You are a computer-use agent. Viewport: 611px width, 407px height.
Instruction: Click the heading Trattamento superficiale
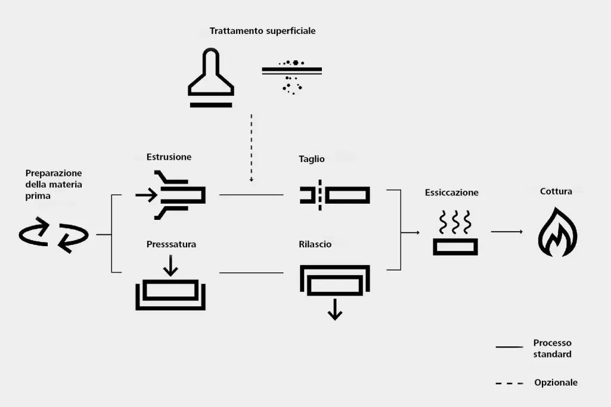(262, 31)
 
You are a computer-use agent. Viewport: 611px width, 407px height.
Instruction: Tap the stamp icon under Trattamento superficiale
(210, 78)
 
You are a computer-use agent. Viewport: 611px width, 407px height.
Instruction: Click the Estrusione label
(169, 157)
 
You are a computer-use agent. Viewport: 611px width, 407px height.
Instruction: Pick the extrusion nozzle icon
(172, 195)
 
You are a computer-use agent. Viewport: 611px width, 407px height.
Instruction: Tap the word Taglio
(312, 159)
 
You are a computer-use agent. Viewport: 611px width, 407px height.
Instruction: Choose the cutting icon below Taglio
(334, 195)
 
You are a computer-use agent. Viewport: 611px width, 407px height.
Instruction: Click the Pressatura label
(171, 244)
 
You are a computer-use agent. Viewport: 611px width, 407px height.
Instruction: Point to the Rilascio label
(315, 244)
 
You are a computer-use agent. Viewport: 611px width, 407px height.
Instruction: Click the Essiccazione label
(452, 192)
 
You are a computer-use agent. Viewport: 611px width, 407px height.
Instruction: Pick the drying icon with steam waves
(455, 233)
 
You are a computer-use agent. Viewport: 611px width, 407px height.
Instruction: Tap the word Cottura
(556, 191)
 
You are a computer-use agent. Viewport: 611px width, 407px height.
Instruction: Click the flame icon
(557, 233)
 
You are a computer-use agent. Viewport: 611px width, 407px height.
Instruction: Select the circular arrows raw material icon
(54, 234)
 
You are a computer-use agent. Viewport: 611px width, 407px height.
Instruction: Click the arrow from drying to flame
(507, 232)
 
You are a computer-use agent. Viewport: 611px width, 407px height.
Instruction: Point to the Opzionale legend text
(556, 383)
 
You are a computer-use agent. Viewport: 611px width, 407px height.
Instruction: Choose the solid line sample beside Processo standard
(509, 346)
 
